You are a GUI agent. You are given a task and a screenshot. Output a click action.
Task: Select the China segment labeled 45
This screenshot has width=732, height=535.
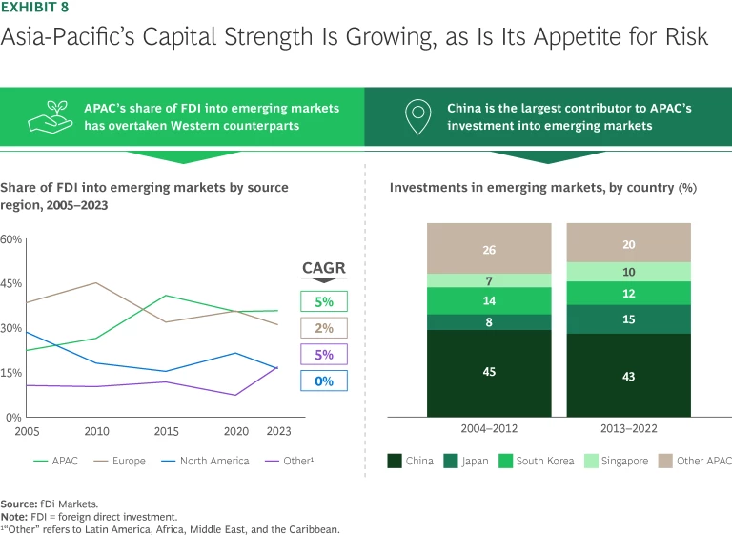point(489,372)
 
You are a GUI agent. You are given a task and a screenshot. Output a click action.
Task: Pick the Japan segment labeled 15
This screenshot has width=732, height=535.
point(628,319)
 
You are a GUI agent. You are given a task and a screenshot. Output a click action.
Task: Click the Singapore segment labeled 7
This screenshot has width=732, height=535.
point(489,280)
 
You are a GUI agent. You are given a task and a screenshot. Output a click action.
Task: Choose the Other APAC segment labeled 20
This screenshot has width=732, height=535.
point(628,245)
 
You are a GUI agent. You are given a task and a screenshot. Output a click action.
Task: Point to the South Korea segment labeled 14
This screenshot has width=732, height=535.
point(489,300)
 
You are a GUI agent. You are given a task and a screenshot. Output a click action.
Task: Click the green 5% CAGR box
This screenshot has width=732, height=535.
point(323,302)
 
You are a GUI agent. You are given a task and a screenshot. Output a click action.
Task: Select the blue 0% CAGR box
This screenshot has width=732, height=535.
point(323,381)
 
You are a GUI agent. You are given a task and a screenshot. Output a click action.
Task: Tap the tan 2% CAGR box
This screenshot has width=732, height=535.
point(323,328)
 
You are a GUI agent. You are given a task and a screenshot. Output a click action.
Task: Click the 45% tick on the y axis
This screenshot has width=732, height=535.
point(11,283)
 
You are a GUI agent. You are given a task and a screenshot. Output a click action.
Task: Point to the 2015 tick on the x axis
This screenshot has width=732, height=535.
point(167,431)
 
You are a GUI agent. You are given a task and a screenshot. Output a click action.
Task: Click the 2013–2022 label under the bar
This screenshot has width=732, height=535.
point(628,429)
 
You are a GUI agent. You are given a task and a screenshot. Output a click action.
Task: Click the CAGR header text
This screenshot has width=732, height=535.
point(323,268)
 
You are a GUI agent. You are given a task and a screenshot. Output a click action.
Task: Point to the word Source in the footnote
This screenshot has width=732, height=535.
point(19,503)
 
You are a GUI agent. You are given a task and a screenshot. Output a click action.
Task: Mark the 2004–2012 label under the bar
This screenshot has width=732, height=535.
point(489,429)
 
